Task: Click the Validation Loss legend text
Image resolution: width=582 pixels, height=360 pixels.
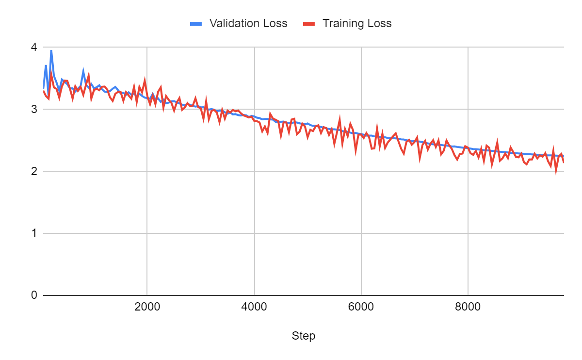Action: point(248,23)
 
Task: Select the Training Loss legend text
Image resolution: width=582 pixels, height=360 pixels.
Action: point(357,23)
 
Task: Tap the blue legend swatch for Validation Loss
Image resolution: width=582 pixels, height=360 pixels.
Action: point(196,23)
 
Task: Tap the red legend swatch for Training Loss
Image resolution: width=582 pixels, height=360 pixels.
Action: point(309,23)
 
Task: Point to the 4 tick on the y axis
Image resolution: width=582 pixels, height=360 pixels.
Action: point(33,48)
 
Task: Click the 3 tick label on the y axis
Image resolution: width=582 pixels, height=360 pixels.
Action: point(33,110)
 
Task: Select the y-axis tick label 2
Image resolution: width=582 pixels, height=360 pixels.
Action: point(33,172)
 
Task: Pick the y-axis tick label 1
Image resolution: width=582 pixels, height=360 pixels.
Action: point(33,233)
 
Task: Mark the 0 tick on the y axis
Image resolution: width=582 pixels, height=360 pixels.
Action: point(33,295)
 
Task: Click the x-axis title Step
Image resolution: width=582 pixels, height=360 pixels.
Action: point(304,336)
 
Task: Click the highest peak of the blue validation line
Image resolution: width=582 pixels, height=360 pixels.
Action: point(51,50)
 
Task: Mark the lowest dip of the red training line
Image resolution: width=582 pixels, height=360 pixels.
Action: point(556,172)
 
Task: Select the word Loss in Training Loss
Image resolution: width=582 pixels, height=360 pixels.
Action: point(378,23)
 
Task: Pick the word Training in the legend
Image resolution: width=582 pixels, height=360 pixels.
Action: point(342,23)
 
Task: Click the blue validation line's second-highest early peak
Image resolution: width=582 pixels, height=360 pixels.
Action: point(46,65)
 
